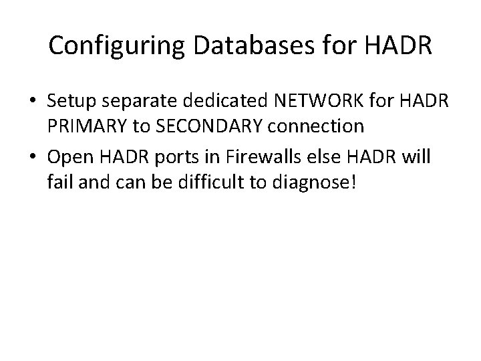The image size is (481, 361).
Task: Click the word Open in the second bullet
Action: pyautogui.click(x=69, y=159)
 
